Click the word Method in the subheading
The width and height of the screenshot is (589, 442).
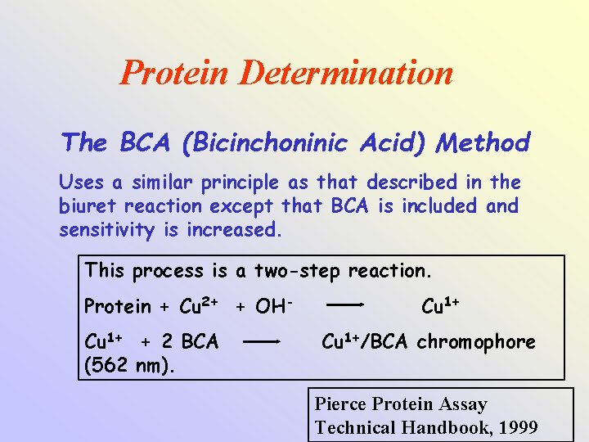[x=483, y=143]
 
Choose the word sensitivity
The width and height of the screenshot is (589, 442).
[x=106, y=230]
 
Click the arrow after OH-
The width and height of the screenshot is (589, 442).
[x=345, y=306]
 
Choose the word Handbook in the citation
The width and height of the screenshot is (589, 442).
[x=439, y=426]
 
